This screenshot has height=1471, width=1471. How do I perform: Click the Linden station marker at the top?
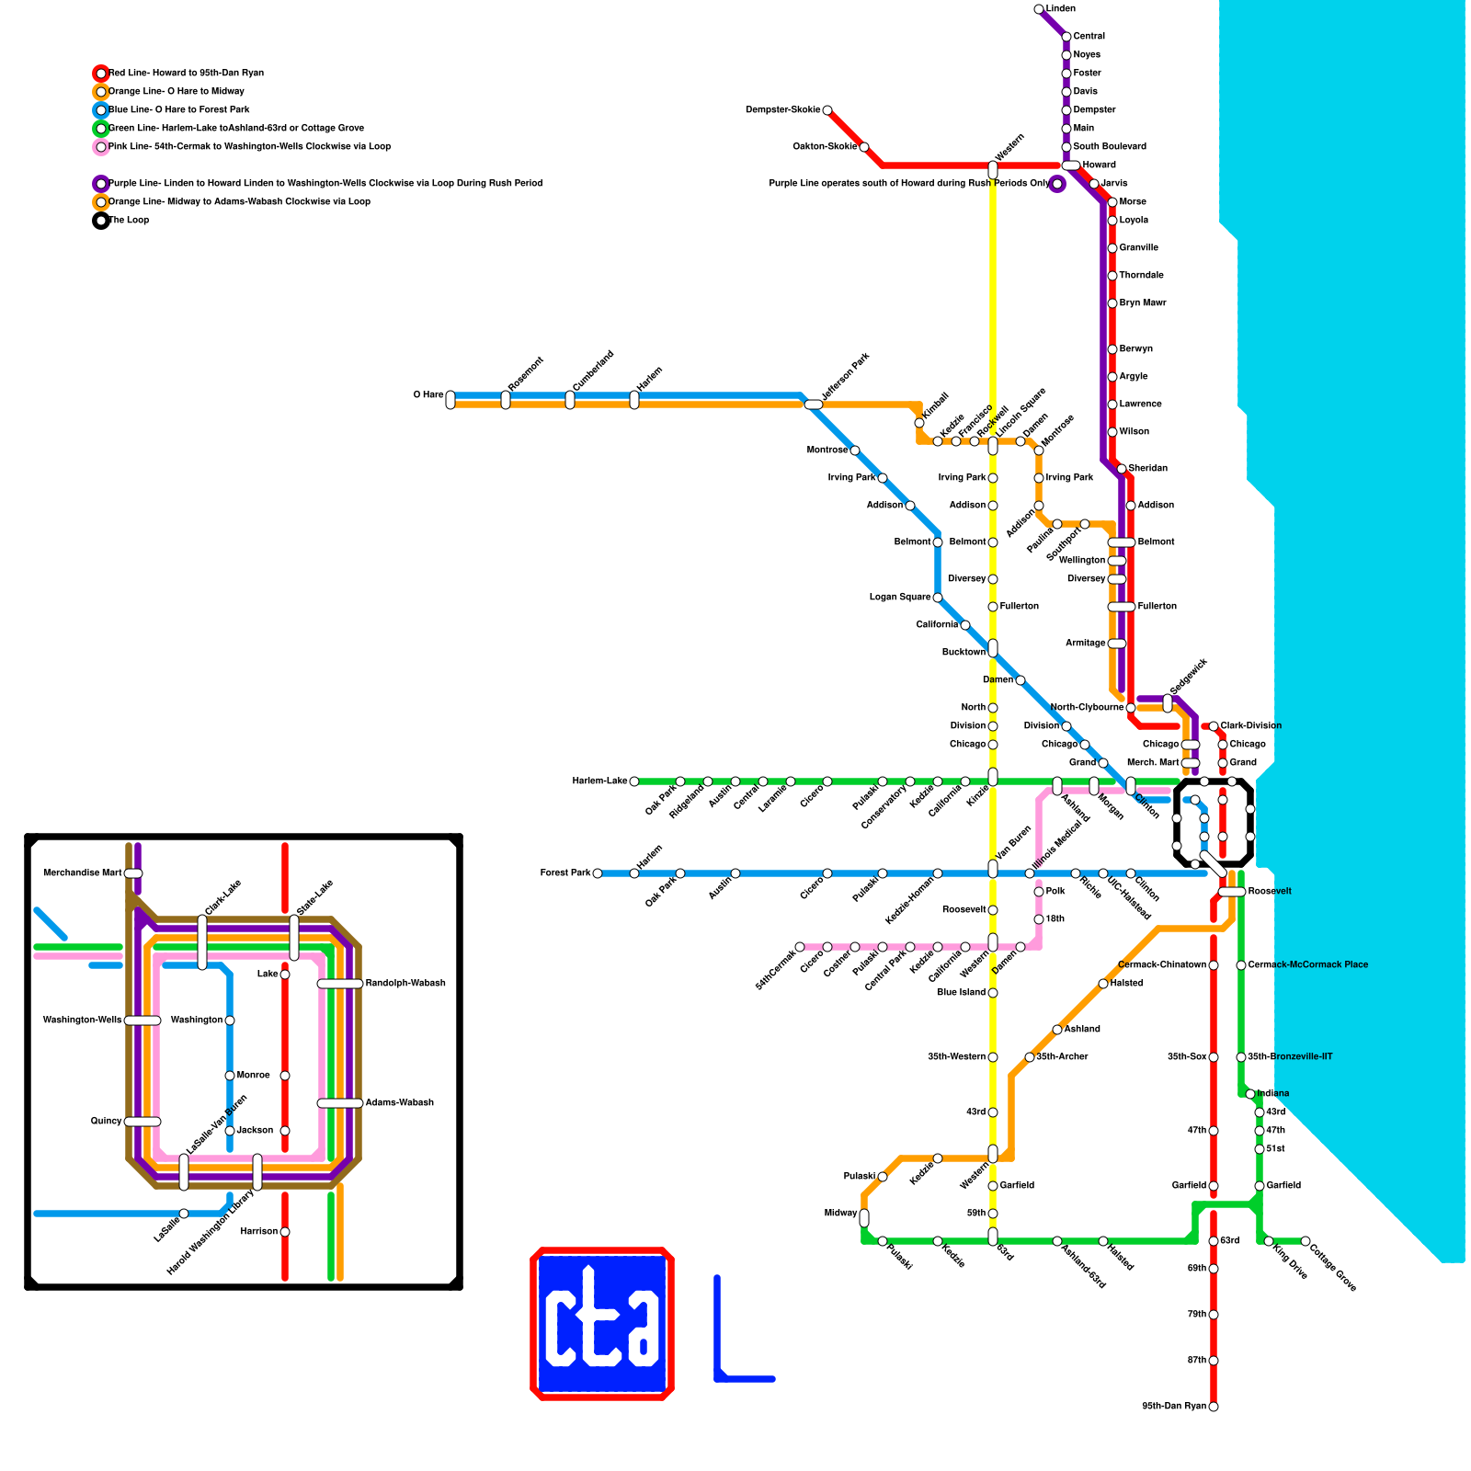pos(1039,9)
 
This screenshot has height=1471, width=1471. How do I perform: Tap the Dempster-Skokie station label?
pos(782,110)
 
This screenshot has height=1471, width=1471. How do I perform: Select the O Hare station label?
pos(428,395)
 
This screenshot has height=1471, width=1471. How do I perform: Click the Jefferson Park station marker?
pos(814,405)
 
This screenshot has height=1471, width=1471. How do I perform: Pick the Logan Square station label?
pos(900,598)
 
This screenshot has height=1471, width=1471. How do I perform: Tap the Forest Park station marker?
pos(598,873)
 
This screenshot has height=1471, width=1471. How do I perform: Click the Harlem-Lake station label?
pos(599,781)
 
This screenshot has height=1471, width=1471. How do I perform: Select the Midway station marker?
pos(864,1218)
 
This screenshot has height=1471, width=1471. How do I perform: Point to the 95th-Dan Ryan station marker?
pos(1214,1407)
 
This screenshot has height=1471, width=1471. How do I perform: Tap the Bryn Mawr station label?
pos(1142,303)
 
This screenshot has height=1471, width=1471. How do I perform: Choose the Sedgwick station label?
pos(1189,677)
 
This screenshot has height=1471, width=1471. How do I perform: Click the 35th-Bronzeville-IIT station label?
pos(1290,1057)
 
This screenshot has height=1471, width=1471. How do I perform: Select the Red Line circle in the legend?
pos(101,74)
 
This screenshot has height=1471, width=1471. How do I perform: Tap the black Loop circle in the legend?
pos(101,221)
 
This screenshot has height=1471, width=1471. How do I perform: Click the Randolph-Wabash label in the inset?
pos(405,984)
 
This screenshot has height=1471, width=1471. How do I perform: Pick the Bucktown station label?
pos(964,653)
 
